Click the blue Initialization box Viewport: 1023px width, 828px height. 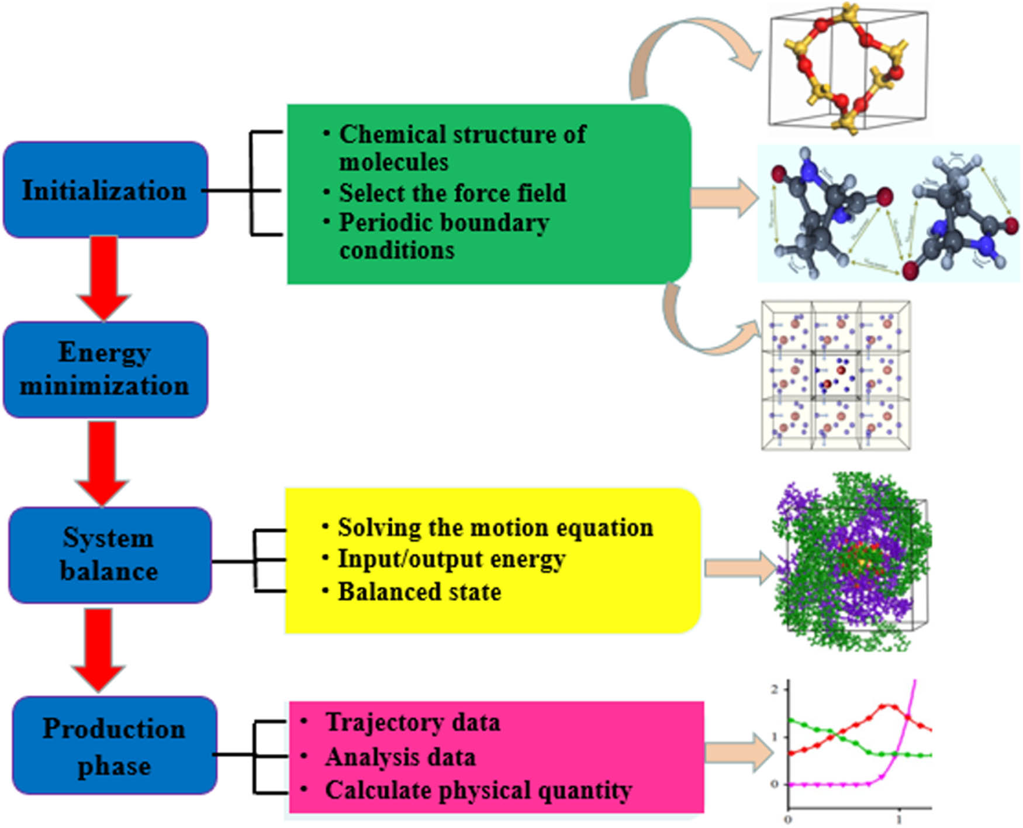[x=105, y=190]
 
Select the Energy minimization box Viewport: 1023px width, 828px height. [x=105, y=369]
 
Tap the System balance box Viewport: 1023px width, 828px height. [x=109, y=554]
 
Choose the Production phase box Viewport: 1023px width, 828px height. [x=114, y=746]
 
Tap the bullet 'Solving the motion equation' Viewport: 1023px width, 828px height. [x=495, y=527]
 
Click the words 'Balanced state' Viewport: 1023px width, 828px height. [x=419, y=592]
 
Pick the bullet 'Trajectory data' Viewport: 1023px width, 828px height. [x=412, y=722]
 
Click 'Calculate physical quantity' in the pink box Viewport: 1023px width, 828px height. [x=478, y=790]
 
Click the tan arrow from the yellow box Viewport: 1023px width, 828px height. [x=739, y=567]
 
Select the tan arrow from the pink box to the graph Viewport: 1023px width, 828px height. [x=738, y=753]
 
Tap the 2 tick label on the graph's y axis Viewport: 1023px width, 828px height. [x=775, y=689]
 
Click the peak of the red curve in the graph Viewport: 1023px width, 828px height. [x=887, y=706]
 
